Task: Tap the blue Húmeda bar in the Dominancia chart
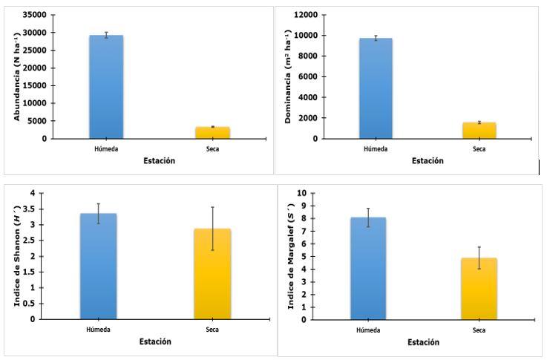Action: pyautogui.click(x=376, y=88)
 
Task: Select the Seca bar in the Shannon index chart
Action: pyautogui.click(x=212, y=274)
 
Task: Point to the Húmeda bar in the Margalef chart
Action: pyautogui.click(x=377, y=269)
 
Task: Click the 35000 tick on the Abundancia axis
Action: pyautogui.click(x=35, y=15)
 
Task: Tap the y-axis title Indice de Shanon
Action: pyautogui.click(x=15, y=256)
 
